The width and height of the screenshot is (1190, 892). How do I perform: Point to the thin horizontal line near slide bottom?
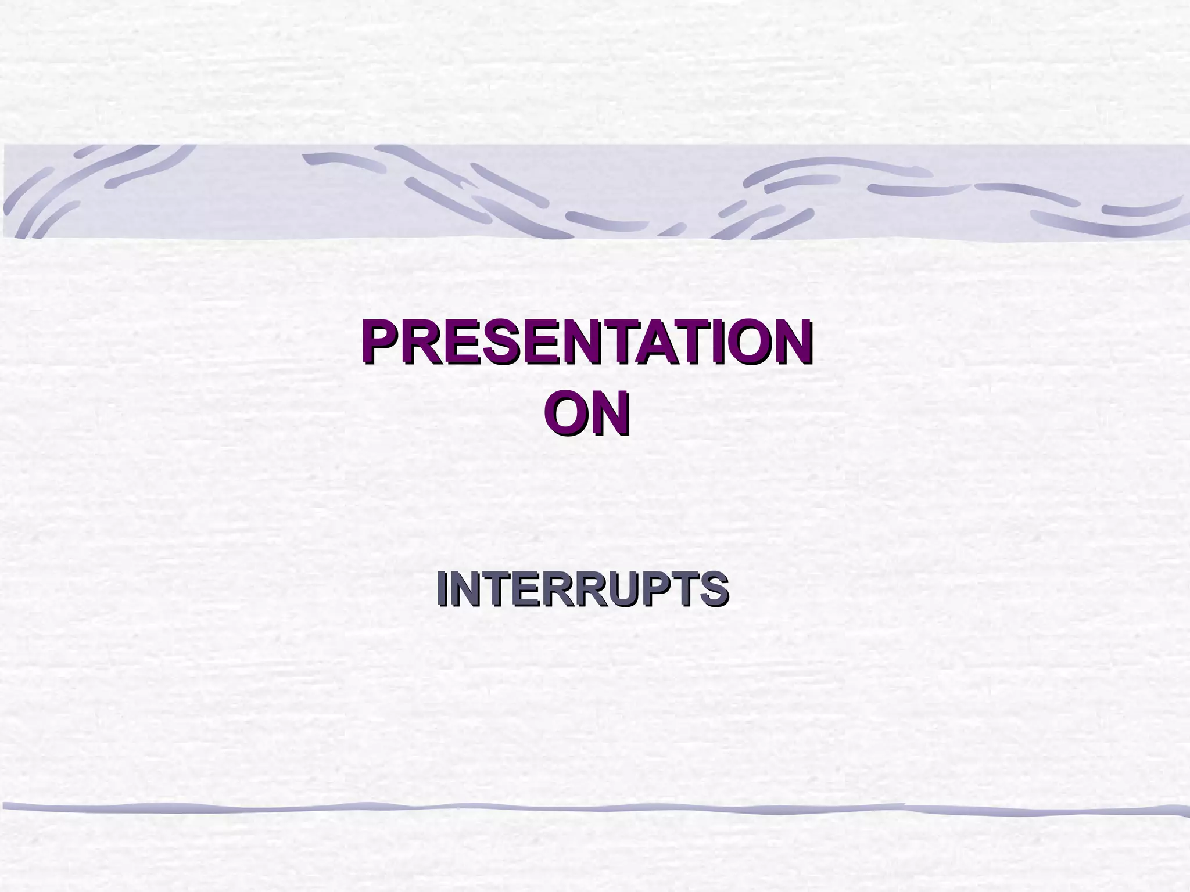pos(581,808)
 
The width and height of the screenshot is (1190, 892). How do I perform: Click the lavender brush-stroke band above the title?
pos(595,192)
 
